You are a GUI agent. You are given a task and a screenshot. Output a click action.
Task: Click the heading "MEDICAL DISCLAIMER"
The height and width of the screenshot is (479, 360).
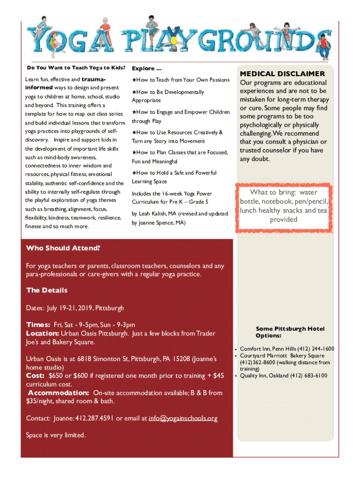pyautogui.click(x=282, y=74)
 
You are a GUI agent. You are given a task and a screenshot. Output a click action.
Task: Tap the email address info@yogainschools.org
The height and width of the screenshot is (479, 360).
pyautogui.click(x=183, y=418)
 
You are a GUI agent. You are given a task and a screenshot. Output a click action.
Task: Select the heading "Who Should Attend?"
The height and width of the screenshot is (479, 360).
pyautogui.click(x=63, y=248)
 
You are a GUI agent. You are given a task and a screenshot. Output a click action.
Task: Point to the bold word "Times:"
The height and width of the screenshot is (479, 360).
pyautogui.click(x=38, y=325)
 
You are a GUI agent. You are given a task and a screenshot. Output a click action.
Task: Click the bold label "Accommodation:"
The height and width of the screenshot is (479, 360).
pyautogui.click(x=58, y=392)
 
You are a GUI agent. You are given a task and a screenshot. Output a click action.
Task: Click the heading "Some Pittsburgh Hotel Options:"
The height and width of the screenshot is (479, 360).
pyautogui.click(x=290, y=332)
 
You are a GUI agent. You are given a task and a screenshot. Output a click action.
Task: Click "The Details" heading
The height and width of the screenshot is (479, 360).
pyautogui.click(x=47, y=290)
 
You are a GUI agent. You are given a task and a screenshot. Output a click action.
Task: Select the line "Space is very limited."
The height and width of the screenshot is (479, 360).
pyautogui.click(x=56, y=435)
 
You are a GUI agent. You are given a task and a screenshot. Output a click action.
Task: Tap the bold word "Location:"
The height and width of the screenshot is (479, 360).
pyautogui.click(x=42, y=333)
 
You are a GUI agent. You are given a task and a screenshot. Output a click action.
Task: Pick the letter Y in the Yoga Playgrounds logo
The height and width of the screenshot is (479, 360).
pyautogui.click(x=38, y=39)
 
